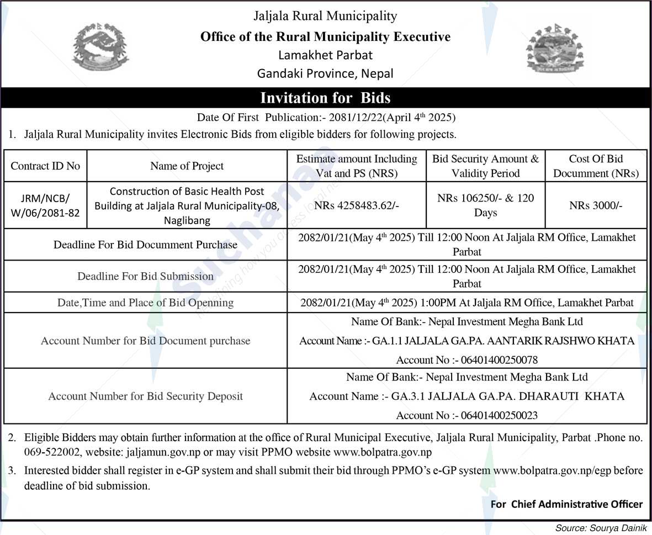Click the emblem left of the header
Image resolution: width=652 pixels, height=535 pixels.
[101, 47]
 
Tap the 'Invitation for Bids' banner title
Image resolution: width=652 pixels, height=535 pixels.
[325, 98]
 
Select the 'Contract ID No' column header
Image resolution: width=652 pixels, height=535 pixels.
[45, 166]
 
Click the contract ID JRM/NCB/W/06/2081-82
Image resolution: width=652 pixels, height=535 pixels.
[45, 205]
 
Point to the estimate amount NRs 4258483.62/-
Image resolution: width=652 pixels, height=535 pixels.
[356, 205]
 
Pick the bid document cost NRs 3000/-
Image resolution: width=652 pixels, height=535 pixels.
[596, 205]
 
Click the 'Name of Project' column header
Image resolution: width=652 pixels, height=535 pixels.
[187, 166]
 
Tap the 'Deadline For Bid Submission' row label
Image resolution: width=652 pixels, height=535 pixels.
[145, 276]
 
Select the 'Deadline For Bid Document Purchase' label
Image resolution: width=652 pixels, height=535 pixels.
[145, 245]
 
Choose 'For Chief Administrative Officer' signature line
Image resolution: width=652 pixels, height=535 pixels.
[566, 504]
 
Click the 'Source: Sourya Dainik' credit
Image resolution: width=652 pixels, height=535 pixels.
[600, 528]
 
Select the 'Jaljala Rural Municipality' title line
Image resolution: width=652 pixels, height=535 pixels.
[325, 16]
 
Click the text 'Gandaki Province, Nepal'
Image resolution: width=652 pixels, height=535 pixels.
[325, 73]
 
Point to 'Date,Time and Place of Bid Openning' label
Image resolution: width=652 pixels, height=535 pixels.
[145, 303]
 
